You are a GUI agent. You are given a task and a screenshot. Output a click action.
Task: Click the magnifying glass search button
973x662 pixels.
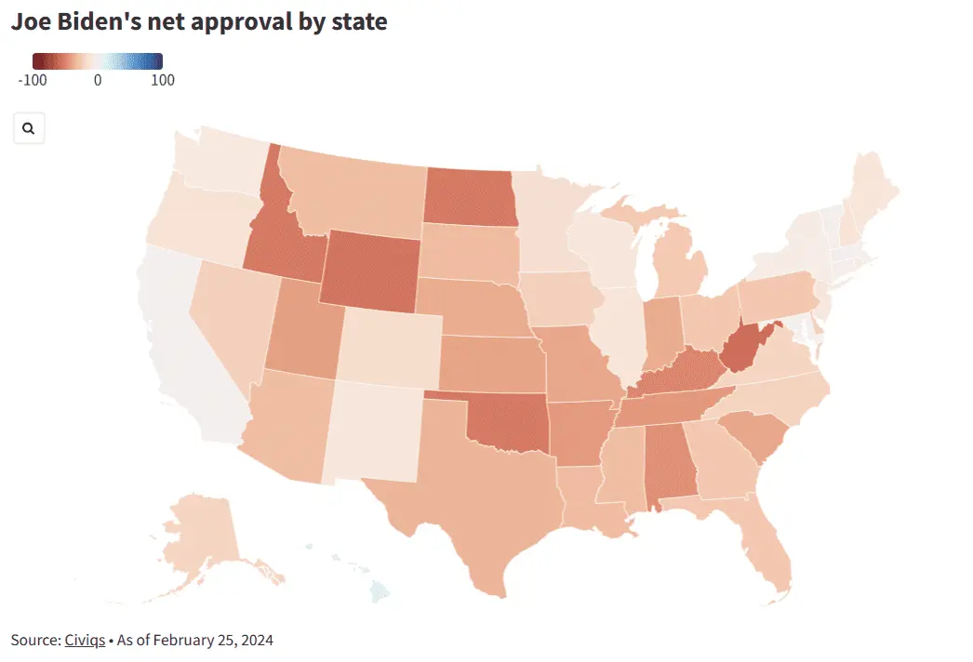tap(29, 128)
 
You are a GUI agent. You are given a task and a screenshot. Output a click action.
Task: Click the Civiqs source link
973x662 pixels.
tap(85, 640)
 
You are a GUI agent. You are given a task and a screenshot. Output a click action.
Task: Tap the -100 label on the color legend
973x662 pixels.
tap(33, 80)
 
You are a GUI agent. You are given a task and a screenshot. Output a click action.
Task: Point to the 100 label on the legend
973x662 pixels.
tap(163, 80)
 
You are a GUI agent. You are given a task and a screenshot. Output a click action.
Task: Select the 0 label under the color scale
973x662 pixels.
tap(98, 80)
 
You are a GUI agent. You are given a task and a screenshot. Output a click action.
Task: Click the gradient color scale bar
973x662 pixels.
tap(98, 61)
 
